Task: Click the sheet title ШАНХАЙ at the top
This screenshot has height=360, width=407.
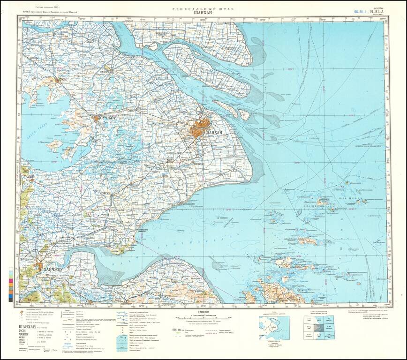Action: click(203, 14)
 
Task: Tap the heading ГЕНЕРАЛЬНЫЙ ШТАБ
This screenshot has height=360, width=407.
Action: click(203, 9)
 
